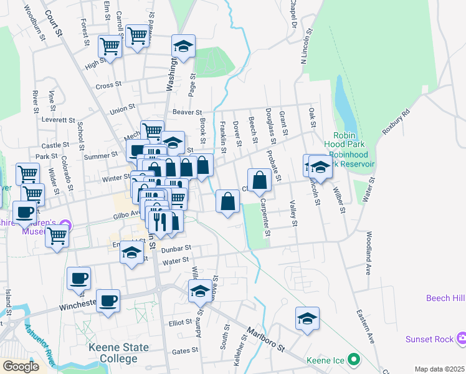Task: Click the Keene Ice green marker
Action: [354, 360]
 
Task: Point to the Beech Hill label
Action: [445, 299]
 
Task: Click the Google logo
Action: [20, 367]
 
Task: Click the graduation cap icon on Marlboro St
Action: [200, 291]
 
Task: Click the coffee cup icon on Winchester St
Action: [108, 301]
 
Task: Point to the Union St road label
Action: [122, 109]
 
